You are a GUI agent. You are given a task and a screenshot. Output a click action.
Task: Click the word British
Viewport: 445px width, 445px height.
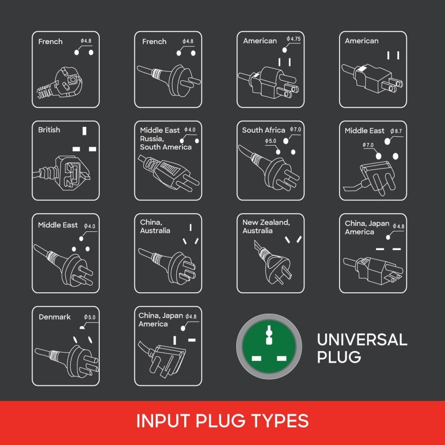(x=49, y=130)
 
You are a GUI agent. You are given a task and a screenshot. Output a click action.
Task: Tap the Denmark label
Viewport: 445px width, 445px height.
(x=54, y=317)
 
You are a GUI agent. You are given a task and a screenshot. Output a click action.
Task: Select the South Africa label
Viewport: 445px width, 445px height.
(x=263, y=130)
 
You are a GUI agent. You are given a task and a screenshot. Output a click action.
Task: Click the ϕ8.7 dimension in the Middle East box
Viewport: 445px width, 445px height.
(x=396, y=131)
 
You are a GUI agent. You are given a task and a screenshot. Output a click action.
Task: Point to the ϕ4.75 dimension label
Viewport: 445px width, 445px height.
(x=293, y=39)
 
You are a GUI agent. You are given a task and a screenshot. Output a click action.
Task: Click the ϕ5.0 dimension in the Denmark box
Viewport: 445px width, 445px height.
(x=90, y=317)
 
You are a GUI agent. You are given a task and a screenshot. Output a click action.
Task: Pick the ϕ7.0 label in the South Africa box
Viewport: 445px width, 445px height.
(x=295, y=129)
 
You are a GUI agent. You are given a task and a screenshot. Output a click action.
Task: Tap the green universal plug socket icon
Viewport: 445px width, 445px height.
(x=269, y=347)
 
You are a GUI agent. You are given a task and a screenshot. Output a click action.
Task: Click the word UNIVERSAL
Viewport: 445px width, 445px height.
(x=362, y=340)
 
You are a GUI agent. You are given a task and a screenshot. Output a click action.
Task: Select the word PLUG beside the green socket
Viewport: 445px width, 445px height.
(x=339, y=357)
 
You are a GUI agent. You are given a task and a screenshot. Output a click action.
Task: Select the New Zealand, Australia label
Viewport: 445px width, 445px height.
(x=266, y=227)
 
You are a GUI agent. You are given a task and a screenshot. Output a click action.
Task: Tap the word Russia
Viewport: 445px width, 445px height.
(x=152, y=139)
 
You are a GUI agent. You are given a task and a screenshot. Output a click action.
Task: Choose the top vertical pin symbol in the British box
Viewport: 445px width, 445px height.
(x=84, y=131)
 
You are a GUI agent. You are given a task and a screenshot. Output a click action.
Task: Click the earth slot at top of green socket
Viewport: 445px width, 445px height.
(x=269, y=335)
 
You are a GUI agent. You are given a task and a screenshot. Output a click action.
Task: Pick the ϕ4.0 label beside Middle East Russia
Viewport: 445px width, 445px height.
(x=190, y=129)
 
